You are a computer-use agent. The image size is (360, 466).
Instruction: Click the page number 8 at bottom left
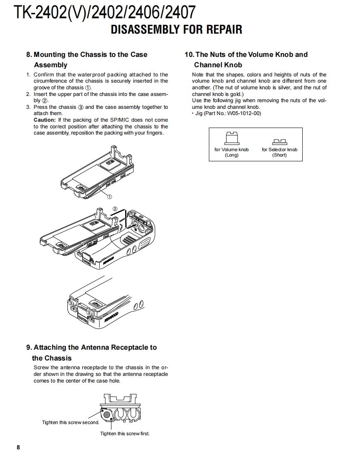[18, 447]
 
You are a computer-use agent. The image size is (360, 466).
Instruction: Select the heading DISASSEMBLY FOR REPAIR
[176, 30]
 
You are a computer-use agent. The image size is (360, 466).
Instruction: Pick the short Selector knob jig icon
[279, 142]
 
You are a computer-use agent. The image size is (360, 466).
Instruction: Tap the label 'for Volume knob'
[232, 150]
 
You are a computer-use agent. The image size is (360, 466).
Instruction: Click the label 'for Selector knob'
[279, 150]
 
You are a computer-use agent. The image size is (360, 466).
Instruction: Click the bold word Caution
[44, 120]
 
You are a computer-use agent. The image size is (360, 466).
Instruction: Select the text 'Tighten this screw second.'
[71, 422]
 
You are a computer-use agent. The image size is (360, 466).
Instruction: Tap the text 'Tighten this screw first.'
[125, 434]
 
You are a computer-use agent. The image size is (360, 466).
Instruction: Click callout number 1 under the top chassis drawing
[110, 196]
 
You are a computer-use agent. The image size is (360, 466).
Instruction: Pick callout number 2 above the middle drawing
[115, 208]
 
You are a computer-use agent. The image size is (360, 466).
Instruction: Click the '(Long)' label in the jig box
[232, 155]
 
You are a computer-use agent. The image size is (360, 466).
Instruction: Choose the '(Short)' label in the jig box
[279, 155]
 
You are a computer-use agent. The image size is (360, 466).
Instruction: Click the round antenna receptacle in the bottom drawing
[107, 414]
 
